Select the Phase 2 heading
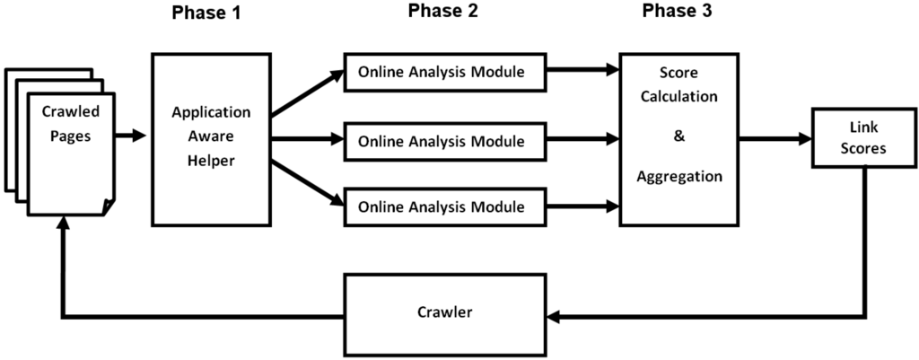click(443, 12)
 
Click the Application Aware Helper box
click(211, 139)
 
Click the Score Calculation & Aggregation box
click(678, 139)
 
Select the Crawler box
click(444, 314)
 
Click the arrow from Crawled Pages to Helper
click(132, 136)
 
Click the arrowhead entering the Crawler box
click(556, 315)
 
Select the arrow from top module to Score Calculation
click(583, 68)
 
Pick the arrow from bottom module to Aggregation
click(583, 206)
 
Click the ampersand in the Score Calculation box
click(679, 140)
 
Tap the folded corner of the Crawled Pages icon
click(109, 206)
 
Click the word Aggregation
click(679, 177)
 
